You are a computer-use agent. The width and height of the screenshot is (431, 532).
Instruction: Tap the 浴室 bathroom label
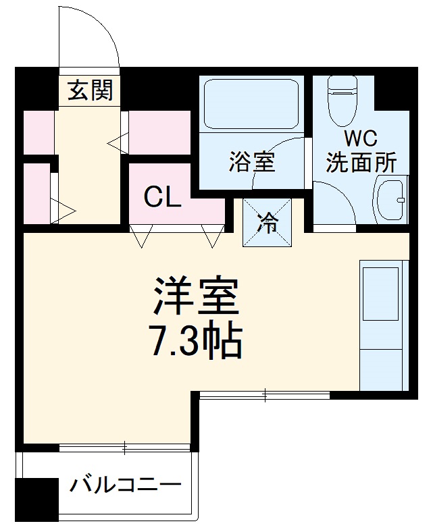(252, 163)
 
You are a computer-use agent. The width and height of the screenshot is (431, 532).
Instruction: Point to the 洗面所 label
(360, 163)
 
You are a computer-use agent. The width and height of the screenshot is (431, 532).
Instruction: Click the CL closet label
(162, 197)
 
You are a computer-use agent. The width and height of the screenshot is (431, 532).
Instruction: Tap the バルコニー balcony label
(126, 485)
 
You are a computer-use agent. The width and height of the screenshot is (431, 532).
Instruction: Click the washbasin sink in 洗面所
(390, 201)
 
